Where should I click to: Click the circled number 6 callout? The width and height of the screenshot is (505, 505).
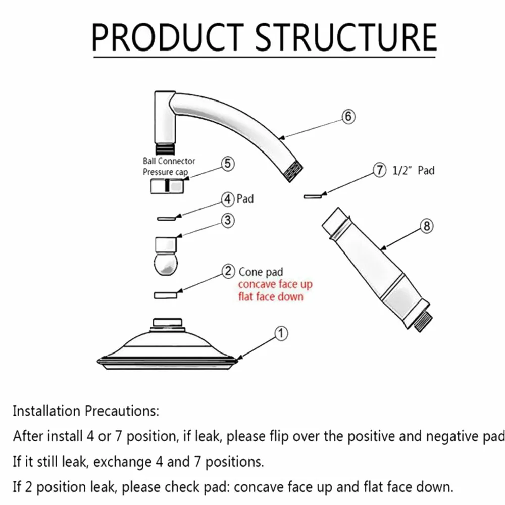[348, 116]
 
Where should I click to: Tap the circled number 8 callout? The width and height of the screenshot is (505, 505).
[427, 226]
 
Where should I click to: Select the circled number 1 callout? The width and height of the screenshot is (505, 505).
[281, 333]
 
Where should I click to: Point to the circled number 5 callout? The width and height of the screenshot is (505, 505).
[228, 164]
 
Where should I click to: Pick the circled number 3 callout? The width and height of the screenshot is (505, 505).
[228, 220]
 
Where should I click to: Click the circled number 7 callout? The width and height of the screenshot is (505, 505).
[379, 170]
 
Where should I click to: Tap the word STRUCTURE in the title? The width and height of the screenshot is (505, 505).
[346, 37]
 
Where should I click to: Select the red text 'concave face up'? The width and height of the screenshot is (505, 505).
[275, 284]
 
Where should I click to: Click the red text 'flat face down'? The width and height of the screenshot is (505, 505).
[271, 296]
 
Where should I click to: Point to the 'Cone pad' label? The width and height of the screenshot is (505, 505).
[261, 272]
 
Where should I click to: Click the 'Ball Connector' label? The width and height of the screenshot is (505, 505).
[169, 161]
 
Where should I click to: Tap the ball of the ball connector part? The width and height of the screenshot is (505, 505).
[166, 264]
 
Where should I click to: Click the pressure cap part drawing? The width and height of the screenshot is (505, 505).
[167, 186]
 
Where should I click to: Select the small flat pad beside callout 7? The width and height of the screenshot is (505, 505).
[313, 196]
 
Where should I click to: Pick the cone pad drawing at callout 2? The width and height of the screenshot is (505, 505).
[166, 295]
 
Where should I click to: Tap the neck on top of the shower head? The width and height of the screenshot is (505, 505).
[168, 322]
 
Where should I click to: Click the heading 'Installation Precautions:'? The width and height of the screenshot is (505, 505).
[86, 411]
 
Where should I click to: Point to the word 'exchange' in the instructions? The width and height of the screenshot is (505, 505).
[122, 462]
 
